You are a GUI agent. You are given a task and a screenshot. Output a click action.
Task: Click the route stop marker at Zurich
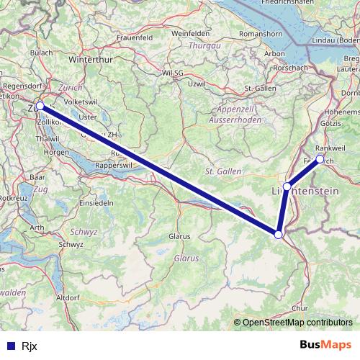click(x=40, y=106)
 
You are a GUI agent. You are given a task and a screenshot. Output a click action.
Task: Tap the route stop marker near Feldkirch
click(x=320, y=159)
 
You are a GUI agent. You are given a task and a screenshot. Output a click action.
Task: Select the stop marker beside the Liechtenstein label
click(x=287, y=186)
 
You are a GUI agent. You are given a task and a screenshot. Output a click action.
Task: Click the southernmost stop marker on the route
click(x=279, y=233)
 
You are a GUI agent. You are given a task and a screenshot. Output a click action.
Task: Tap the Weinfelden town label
click(x=190, y=33)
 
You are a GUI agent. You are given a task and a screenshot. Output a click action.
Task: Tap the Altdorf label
click(x=67, y=297)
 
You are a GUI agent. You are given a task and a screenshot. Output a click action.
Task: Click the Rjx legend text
click(x=30, y=345)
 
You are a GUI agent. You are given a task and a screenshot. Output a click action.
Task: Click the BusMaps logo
click(x=325, y=344)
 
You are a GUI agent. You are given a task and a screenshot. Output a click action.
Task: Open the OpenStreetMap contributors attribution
click(x=297, y=322)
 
